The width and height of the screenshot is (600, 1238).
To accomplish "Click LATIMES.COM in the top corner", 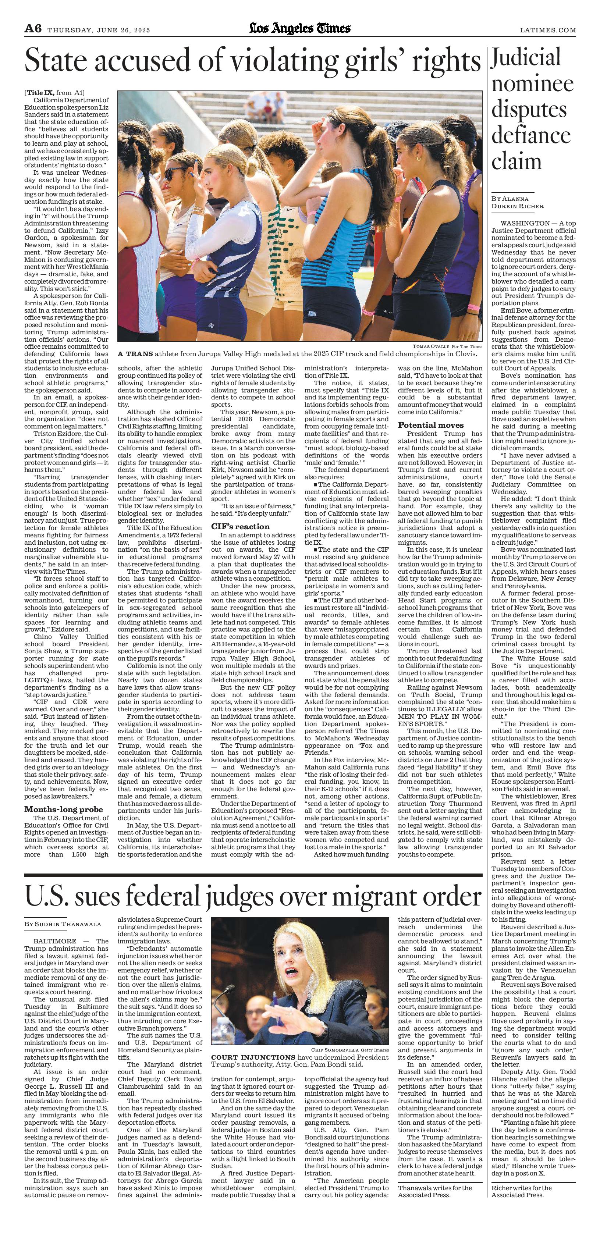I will pyautogui.click(x=548, y=30).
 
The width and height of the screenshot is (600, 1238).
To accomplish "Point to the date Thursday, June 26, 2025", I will pyautogui.click(x=99, y=30).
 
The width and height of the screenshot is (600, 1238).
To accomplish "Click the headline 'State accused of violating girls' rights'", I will pyautogui.click(x=252, y=61).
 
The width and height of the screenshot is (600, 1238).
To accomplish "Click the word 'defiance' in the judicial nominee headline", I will pyautogui.click(x=530, y=135).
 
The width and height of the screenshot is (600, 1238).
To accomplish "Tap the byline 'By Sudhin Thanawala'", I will pyautogui.click(x=63, y=924).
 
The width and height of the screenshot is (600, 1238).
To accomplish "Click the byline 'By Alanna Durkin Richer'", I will pyautogui.click(x=517, y=202).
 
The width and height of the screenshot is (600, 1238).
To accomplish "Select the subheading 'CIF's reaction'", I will pyautogui.click(x=240, y=526).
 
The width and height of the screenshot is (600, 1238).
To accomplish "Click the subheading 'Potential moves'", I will pyautogui.click(x=431, y=425).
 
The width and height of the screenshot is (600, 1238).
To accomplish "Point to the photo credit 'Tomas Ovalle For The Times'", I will pyautogui.click(x=447, y=346).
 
